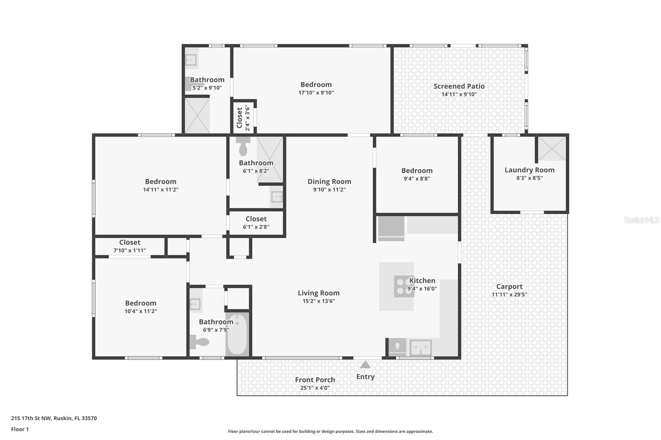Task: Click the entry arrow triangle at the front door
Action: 365,364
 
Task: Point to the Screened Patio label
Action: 459,86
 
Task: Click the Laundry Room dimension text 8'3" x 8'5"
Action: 529,178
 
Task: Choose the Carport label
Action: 509,286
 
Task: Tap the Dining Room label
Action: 329,182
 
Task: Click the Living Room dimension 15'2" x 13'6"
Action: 319,301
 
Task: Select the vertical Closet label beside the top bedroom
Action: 240,118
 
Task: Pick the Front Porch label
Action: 315,380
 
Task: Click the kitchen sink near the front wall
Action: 421,348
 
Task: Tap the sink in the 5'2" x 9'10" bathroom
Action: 190,59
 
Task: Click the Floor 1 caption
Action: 20,429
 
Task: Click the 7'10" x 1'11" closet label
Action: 130,250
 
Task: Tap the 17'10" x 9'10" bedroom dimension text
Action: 316,92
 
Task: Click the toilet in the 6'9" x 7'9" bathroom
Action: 200,342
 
